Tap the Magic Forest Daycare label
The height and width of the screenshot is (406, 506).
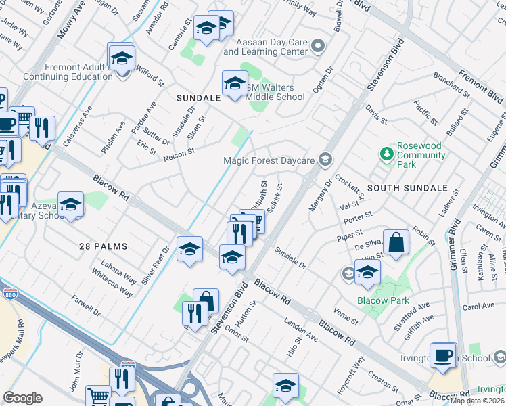269,160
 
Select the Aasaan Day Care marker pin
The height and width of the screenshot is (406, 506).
319,47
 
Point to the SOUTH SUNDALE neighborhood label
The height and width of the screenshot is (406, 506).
407,187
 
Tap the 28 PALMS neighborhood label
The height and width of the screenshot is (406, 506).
102,246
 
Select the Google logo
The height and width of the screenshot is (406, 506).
22,398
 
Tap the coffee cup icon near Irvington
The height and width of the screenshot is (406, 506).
444,356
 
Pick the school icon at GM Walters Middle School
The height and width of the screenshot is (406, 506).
235,84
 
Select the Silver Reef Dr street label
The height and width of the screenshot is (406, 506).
154,265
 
